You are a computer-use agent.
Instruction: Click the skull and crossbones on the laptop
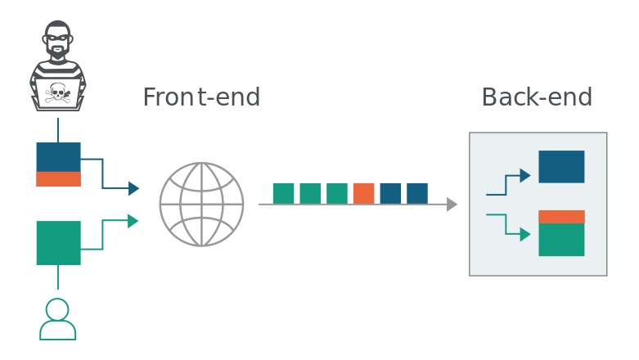(x=57, y=93)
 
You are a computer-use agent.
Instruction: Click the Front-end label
(x=201, y=97)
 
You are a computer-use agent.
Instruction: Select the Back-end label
(x=537, y=97)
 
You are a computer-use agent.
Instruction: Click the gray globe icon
(x=202, y=205)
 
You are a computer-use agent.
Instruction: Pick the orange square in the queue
(x=363, y=193)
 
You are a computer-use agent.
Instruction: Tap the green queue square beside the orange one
(x=337, y=193)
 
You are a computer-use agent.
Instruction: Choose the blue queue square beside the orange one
(x=390, y=193)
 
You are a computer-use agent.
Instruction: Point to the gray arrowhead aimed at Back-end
(x=452, y=205)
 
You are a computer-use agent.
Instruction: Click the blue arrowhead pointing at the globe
(x=133, y=188)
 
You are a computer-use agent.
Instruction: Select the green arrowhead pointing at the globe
(x=133, y=221)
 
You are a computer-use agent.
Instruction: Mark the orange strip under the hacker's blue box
(x=58, y=179)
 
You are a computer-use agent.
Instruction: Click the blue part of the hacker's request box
(x=58, y=157)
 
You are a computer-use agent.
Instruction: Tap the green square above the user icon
(x=58, y=243)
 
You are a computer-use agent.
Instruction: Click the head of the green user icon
(x=57, y=309)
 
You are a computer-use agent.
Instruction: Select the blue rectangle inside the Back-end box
(x=561, y=167)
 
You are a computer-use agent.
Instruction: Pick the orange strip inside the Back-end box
(x=561, y=217)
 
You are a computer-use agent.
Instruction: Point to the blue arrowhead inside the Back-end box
(x=525, y=176)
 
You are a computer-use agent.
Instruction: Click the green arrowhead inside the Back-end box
(x=525, y=235)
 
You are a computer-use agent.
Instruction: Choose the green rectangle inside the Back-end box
(x=561, y=240)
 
